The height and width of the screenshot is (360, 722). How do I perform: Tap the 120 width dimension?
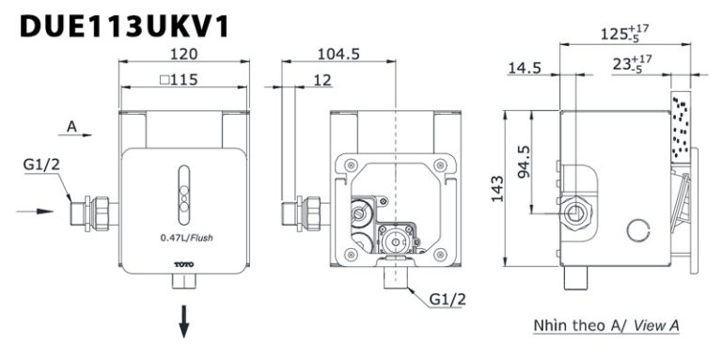point(182,55)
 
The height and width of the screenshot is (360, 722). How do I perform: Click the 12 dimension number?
point(322,81)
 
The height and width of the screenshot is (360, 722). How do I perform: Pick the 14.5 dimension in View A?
point(523,69)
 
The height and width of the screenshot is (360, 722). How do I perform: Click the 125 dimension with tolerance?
point(624,36)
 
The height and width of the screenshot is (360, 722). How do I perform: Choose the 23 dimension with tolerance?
point(638,66)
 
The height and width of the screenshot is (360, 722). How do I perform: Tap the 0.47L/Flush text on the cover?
point(186,237)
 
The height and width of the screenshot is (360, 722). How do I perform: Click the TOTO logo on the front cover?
point(186,265)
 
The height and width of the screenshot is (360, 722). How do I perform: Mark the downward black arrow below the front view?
point(185,322)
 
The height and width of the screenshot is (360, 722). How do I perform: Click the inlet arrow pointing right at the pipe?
point(36,211)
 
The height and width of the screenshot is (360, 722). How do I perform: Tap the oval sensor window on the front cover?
point(185,187)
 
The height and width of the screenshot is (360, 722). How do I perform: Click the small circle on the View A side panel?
point(638,227)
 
